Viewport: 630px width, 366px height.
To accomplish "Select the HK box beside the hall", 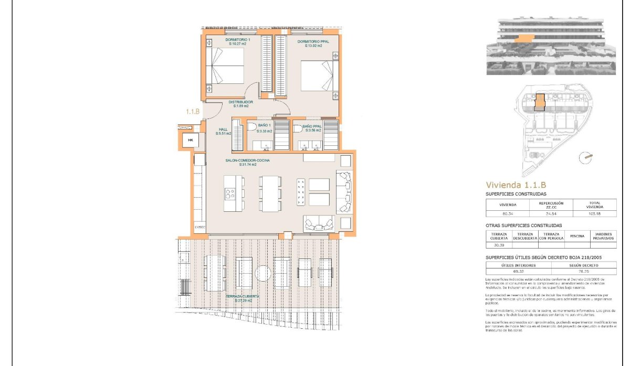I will coord(191,141).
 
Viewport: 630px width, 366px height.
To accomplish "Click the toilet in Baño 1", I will coord(251,127).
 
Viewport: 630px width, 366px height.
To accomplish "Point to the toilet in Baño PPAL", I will coord(298,127).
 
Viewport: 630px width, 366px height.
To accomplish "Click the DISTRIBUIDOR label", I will coord(240,102).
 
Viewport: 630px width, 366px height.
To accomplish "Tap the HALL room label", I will coord(223,130).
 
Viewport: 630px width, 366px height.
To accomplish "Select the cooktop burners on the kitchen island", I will coord(230,193).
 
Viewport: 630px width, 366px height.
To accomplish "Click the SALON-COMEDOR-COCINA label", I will coord(248,160).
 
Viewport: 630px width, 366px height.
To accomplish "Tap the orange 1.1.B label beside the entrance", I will coord(193,112).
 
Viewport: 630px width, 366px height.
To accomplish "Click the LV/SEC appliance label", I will coord(199,227).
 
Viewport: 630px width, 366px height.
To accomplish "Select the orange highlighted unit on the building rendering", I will coord(522,38).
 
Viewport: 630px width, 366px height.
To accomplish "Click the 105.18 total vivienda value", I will coord(594,213).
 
